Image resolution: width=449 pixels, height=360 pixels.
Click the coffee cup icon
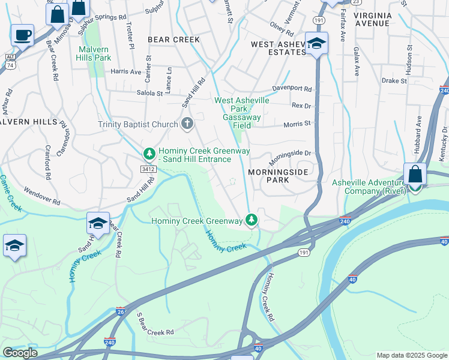tap(22, 35)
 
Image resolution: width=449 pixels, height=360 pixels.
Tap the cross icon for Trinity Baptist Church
tap(187, 124)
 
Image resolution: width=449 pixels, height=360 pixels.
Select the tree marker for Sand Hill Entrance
tap(149, 154)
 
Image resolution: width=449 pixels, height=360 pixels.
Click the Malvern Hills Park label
tap(94, 54)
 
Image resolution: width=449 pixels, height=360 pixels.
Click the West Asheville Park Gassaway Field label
tap(242, 109)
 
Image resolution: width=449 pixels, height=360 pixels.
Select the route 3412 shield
tap(149, 170)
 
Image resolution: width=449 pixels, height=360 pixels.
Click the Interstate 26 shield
tap(121, 310)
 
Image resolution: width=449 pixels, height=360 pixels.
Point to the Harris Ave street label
tap(126, 71)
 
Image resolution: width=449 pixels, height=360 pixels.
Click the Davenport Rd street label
tap(292, 89)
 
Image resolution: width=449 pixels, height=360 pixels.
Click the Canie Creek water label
tap(11, 193)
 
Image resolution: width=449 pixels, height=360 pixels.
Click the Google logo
tap(20, 353)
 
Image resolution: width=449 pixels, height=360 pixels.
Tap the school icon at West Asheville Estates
tap(316, 44)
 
